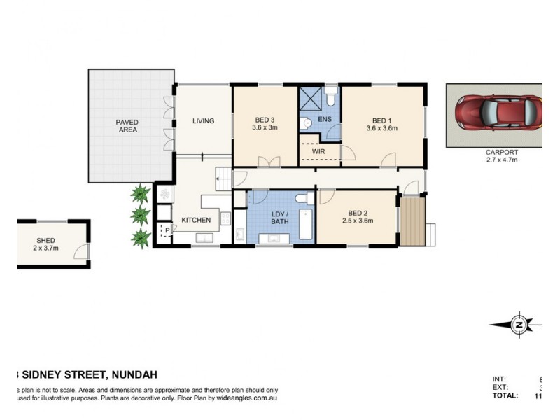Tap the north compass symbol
[519, 324]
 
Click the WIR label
[318, 151]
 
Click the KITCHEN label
[196, 220]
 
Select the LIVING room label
[203, 121]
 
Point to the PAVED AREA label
[127, 127]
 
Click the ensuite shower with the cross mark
[311, 97]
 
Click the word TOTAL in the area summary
[505, 396]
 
